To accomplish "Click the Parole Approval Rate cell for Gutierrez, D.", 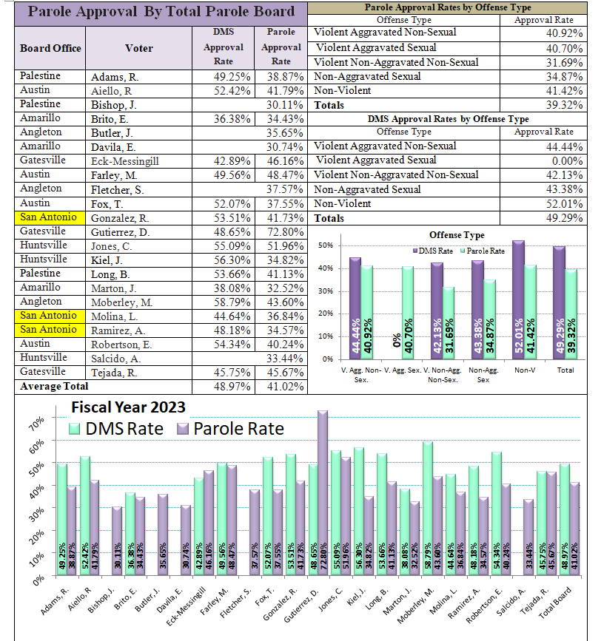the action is pos(285,232).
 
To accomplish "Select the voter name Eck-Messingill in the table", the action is pos(125,161).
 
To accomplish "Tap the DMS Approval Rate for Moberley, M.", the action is pos(232,302).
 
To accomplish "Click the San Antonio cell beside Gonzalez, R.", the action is pos(50,217).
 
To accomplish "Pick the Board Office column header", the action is pos(50,48).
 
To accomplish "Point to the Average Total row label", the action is pos(54,387).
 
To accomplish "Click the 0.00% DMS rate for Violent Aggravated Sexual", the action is pos(567,161).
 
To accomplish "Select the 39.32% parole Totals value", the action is pos(564,105).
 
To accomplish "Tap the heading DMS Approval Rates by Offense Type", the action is pos(448,119).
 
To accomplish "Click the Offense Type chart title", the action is pos(457,235).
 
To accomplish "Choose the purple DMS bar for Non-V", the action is pos(518,300).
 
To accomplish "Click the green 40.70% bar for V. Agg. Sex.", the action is pos(408,313).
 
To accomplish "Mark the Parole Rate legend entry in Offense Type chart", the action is pos(483,251).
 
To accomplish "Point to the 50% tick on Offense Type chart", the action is pos(326,245).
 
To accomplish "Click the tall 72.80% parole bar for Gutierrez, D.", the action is pos(323,493).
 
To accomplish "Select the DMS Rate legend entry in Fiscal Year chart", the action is pos(116,429).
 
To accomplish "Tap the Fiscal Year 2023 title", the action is pos(129,407).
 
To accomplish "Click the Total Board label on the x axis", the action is pos(555,603).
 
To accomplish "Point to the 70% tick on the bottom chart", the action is pos(36,423).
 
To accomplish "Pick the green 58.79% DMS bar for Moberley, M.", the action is pos(428,509).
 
